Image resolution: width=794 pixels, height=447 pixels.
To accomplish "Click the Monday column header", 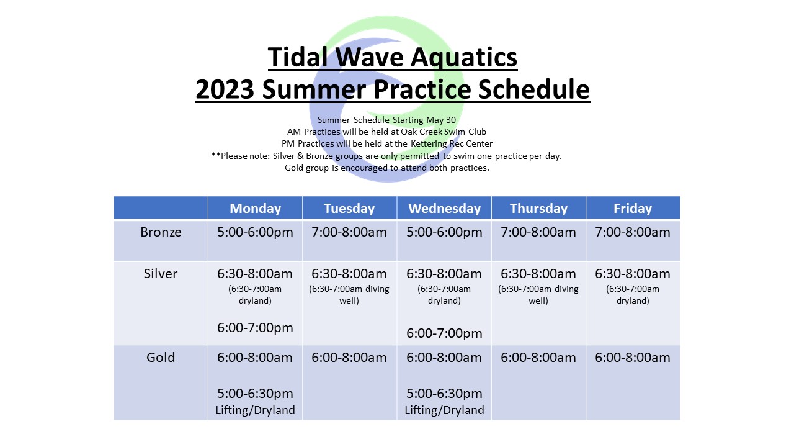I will [x=255, y=208].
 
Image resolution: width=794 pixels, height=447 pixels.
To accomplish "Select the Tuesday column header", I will [x=349, y=208].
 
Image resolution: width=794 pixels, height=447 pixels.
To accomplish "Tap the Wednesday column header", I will [x=444, y=208].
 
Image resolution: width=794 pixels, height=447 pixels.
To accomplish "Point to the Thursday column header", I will [x=538, y=208].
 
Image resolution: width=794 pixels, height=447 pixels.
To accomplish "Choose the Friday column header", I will [x=633, y=208].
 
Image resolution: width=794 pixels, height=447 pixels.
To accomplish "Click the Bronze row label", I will [x=161, y=232].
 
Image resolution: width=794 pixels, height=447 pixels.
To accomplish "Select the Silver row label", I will [x=161, y=274].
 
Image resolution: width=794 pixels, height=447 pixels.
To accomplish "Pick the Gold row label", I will [x=161, y=358].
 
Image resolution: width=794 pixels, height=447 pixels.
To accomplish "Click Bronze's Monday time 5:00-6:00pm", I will [x=255, y=232].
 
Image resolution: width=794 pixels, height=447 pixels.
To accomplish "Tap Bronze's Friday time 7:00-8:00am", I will [x=633, y=232].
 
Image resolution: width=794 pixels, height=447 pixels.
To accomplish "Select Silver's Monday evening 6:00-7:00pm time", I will [x=255, y=328].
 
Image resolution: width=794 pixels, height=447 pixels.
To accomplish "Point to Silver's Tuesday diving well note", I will [x=349, y=295].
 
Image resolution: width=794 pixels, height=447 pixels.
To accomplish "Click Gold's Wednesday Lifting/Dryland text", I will [x=444, y=410].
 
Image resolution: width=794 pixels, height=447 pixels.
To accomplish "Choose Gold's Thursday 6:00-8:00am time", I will [x=538, y=358].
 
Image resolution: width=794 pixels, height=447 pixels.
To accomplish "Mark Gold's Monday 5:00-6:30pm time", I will [x=255, y=394].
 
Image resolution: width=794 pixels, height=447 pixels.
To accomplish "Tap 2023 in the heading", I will [x=225, y=89].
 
